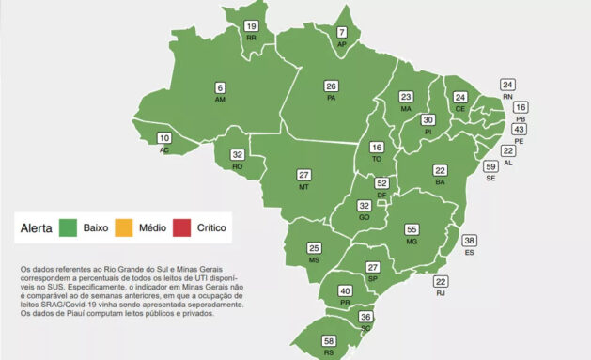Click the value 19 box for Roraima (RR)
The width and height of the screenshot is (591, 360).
(x=251, y=26)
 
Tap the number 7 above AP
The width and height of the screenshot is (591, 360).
(x=342, y=32)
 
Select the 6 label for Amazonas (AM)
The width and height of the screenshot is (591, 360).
(x=221, y=87)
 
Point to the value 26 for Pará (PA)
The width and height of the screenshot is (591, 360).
(x=332, y=86)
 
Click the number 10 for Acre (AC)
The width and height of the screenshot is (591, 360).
(x=164, y=138)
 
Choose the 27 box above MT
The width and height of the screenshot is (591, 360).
(x=303, y=175)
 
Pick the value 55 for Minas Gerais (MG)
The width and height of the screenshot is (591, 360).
(x=411, y=229)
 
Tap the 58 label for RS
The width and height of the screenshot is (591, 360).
(x=329, y=340)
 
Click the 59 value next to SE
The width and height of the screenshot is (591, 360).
(x=490, y=166)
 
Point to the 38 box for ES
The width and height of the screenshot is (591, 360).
(x=470, y=241)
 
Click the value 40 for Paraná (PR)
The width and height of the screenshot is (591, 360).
(x=346, y=291)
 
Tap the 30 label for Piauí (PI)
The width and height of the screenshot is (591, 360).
(x=428, y=120)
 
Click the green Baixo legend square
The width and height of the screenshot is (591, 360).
(x=67, y=227)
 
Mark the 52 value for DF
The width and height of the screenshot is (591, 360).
(x=381, y=183)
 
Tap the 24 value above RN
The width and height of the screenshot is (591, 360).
(x=507, y=85)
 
